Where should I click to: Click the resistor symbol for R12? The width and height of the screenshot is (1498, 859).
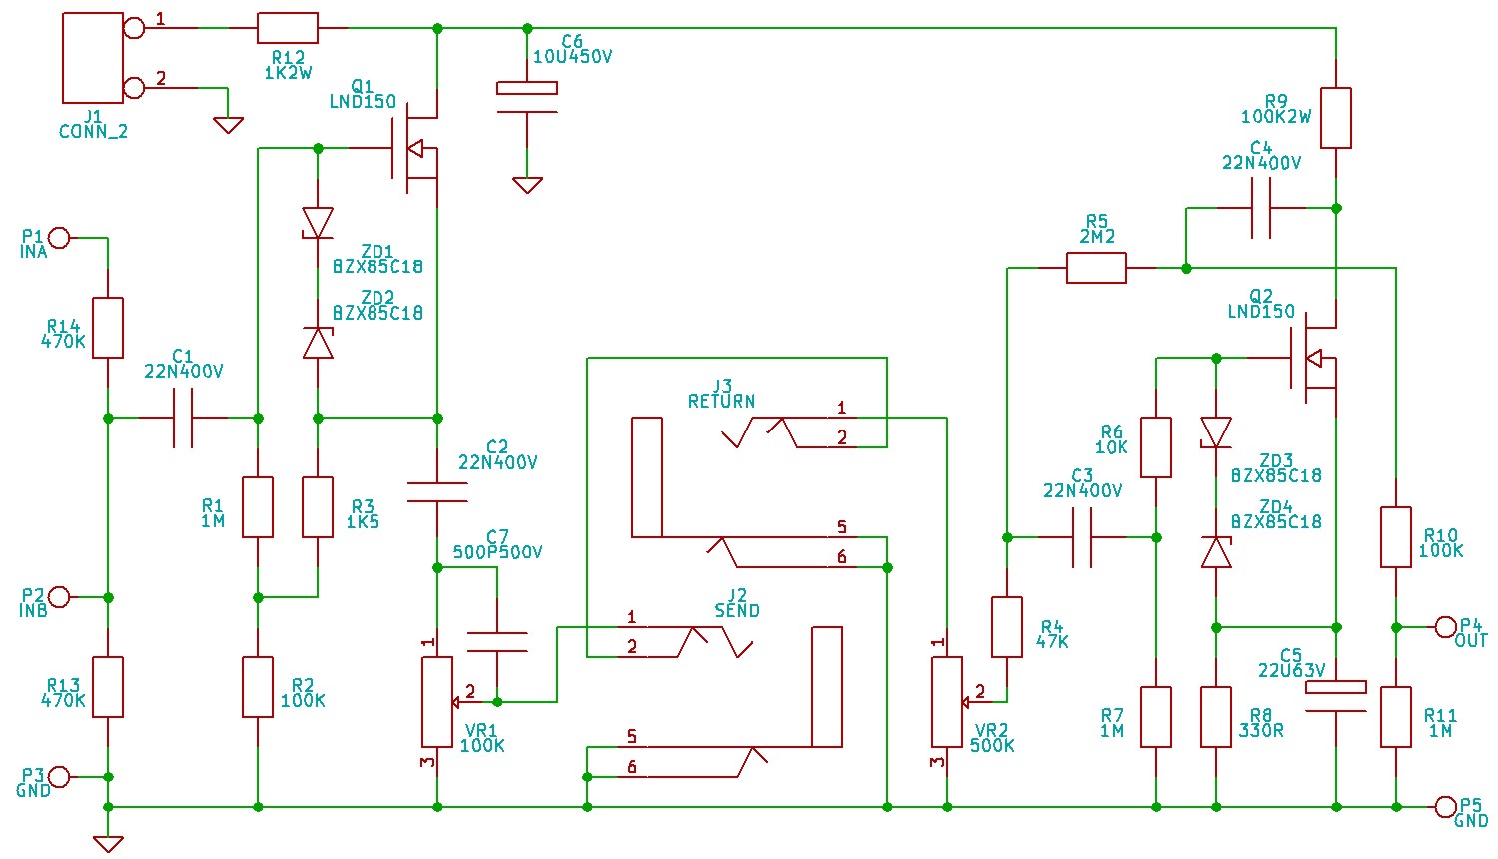click(288, 28)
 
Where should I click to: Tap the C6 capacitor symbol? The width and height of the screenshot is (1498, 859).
click(527, 100)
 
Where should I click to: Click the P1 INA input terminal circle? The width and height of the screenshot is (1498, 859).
click(59, 238)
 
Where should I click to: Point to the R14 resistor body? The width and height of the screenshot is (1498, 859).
click(108, 328)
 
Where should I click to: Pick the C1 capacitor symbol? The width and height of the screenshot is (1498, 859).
click(183, 418)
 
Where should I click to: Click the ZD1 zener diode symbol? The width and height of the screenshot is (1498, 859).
click(318, 223)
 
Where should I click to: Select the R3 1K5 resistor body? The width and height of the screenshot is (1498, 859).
click(318, 507)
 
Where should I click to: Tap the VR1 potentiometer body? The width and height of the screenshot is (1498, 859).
click(437, 701)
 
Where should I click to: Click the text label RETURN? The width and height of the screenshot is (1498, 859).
click(721, 401)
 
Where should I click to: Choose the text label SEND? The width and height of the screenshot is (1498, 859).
click(737, 610)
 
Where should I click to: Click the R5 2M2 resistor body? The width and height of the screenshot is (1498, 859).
click(1097, 268)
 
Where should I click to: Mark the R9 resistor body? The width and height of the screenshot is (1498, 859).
click(1336, 118)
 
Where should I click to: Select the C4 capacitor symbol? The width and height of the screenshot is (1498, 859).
click(1262, 208)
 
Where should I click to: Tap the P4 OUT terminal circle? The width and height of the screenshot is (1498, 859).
click(1446, 627)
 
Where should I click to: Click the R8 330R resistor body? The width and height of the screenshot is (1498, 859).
click(1216, 717)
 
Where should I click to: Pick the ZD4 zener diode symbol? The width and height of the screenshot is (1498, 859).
click(1216, 552)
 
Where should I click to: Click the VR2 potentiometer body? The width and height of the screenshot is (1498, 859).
click(947, 701)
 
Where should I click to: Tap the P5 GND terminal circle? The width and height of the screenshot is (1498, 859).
click(1446, 807)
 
